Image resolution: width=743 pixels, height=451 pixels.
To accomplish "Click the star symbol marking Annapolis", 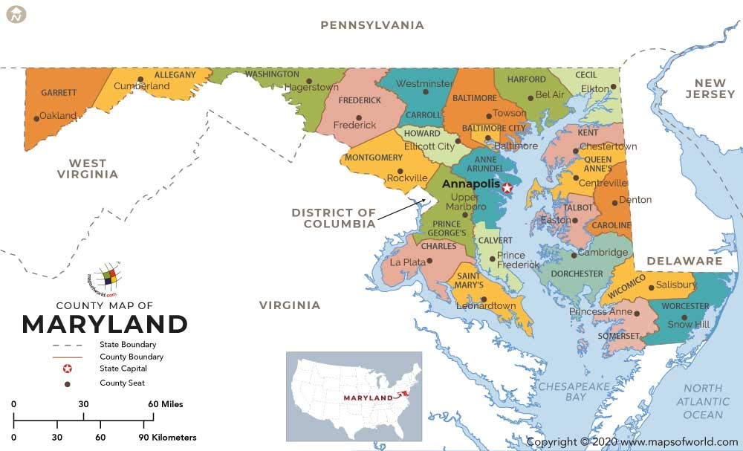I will [x=507, y=187].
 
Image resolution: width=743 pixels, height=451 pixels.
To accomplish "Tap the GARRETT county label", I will [x=59, y=93].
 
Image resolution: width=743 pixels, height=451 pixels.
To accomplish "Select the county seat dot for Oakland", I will [x=36, y=118].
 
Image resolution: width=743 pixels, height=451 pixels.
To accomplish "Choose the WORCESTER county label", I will [x=684, y=306].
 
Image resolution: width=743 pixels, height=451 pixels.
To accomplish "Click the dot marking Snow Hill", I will [x=684, y=317].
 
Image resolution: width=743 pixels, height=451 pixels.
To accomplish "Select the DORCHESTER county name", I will [x=578, y=273].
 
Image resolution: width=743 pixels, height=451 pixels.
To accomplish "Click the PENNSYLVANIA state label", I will [x=372, y=25].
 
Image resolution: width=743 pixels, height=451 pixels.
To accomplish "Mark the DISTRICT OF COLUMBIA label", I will [x=333, y=218].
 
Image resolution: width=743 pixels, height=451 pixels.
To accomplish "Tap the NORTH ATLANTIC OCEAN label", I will [x=703, y=401].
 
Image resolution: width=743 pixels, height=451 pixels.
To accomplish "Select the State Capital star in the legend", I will [x=67, y=369].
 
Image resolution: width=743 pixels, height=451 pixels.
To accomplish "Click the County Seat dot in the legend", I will [x=67, y=383].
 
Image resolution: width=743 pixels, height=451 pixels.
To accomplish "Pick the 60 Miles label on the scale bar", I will [x=165, y=404].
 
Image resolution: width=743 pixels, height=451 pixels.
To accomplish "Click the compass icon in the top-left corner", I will [x=16, y=14].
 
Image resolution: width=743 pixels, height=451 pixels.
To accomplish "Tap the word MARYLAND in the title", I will [x=104, y=324].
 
